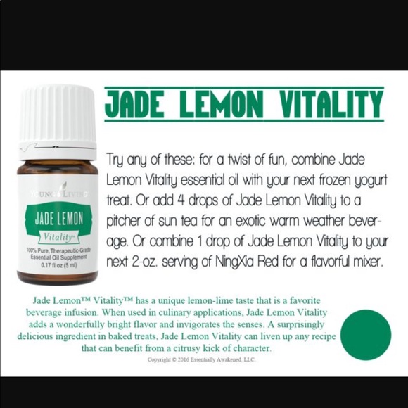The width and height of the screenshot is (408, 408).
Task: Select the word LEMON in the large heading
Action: [x=221, y=104]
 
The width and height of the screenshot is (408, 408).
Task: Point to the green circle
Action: [x=366, y=335]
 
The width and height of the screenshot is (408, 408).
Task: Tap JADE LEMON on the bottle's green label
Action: [x=59, y=218]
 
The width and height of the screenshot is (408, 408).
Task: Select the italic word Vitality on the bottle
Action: [x=58, y=237]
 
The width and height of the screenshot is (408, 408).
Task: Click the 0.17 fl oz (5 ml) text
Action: [x=59, y=265]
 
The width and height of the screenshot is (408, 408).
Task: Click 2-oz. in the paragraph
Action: [x=145, y=262]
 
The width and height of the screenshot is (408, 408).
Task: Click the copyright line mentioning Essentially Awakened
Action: [x=202, y=359]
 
